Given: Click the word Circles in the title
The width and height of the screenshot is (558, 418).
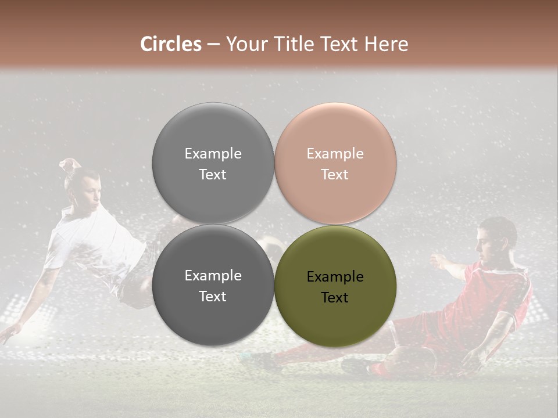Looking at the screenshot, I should [x=171, y=44].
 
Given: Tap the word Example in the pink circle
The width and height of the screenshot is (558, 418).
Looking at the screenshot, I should [x=335, y=154].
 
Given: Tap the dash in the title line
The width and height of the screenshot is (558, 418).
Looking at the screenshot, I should [x=213, y=45].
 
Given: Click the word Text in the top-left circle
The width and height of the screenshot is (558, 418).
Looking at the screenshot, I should [x=213, y=175].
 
